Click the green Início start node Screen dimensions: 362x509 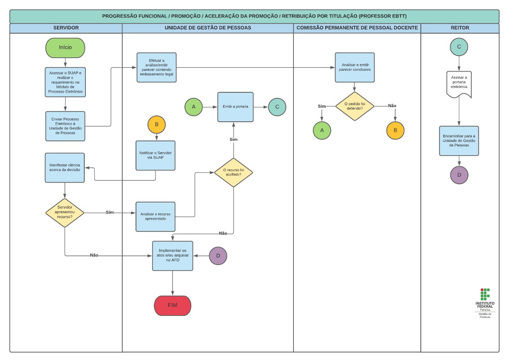(x=65, y=48)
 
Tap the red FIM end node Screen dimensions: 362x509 (x=173, y=306)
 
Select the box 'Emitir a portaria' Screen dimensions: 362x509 (x=235, y=107)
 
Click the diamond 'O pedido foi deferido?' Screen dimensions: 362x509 (x=355, y=106)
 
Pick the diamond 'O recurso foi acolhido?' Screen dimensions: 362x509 (x=233, y=173)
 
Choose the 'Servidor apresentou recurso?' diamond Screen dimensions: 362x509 (x=65, y=213)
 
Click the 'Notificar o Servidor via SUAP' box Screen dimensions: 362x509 (x=155, y=156)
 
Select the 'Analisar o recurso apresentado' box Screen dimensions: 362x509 (x=155, y=216)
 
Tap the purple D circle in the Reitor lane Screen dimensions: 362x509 (x=459, y=175)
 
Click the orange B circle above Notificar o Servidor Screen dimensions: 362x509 (x=156, y=125)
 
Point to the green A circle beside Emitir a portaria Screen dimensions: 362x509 (x=194, y=107)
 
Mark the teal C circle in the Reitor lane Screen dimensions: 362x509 (x=459, y=47)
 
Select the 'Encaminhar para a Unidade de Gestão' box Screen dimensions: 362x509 (x=459, y=141)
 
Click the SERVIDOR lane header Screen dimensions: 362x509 (x=66, y=28)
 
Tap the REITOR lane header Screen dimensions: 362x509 (x=460, y=28)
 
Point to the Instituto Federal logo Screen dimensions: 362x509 (x=485, y=303)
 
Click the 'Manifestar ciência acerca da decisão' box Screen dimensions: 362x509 (x=65, y=167)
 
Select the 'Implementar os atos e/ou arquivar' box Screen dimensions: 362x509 (x=173, y=255)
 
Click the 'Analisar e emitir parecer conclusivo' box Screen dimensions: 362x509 (x=355, y=67)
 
